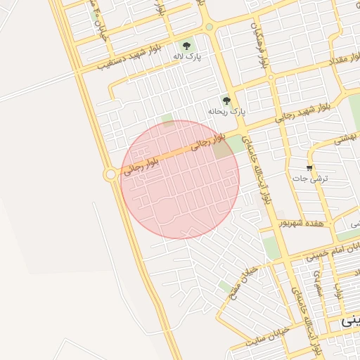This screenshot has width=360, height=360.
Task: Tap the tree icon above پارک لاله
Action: click(186, 46)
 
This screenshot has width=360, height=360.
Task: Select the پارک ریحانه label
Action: click(227, 112)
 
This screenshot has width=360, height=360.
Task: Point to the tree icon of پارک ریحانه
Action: click(226, 101)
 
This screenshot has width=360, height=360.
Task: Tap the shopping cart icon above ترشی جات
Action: click(309, 167)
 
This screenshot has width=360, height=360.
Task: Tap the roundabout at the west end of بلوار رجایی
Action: click(110, 174)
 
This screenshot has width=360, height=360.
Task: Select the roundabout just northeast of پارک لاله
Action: click(209, 27)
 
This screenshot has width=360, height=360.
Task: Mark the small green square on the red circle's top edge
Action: click(167, 120)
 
